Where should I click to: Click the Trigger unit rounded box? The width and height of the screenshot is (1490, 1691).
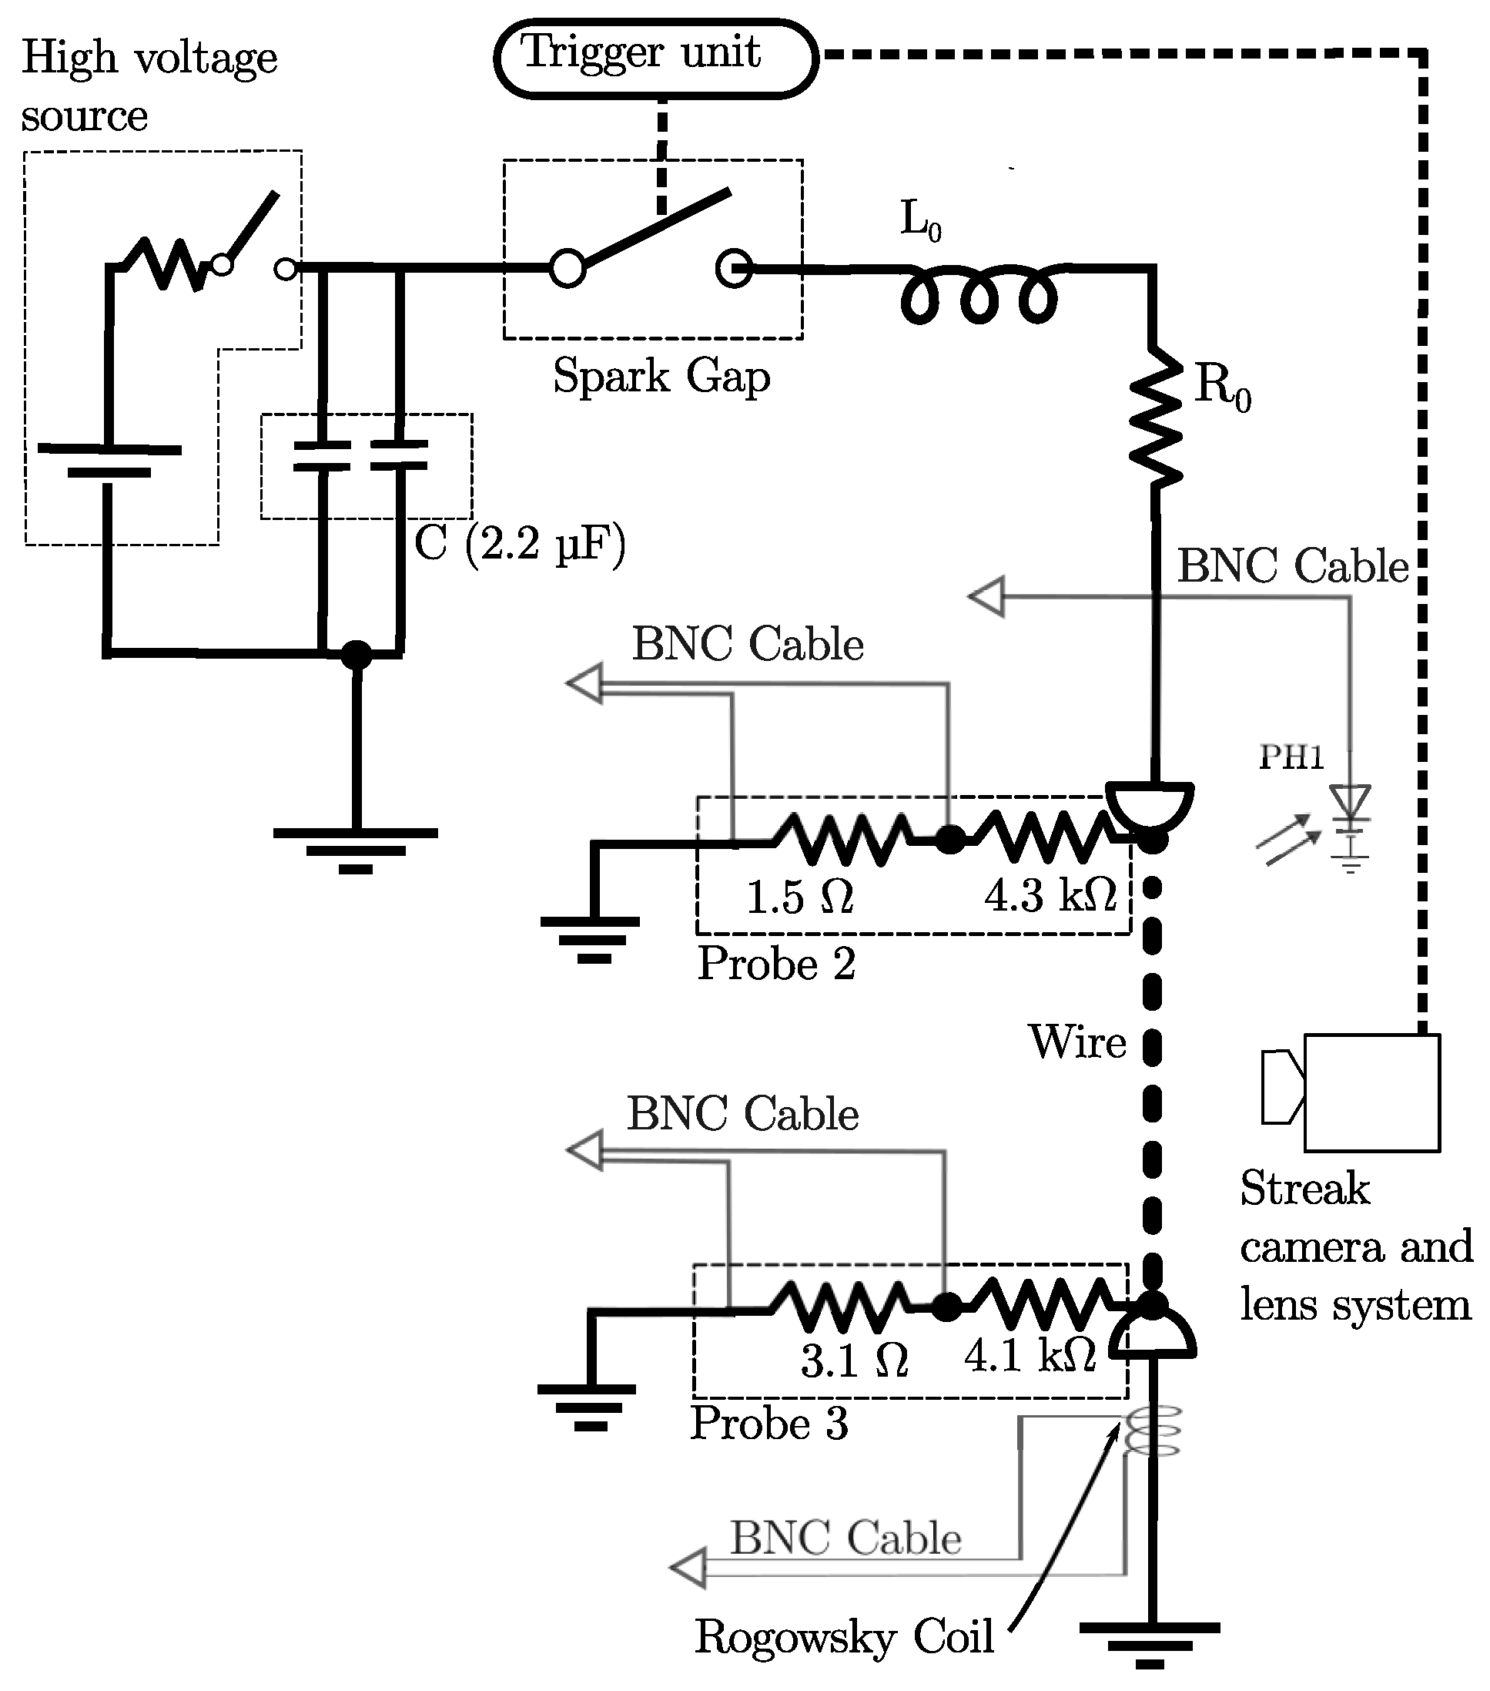click(656, 58)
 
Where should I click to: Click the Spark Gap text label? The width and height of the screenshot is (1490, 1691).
click(661, 377)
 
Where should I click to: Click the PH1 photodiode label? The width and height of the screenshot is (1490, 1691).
click(1291, 758)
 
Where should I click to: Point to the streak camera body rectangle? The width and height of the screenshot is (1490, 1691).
click(1371, 1093)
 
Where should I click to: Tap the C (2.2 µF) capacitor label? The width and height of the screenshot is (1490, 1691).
click(520, 545)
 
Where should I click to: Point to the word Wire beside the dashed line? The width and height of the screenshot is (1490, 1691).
click(1077, 1042)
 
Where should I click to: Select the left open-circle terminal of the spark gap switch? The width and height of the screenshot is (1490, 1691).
click(568, 269)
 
